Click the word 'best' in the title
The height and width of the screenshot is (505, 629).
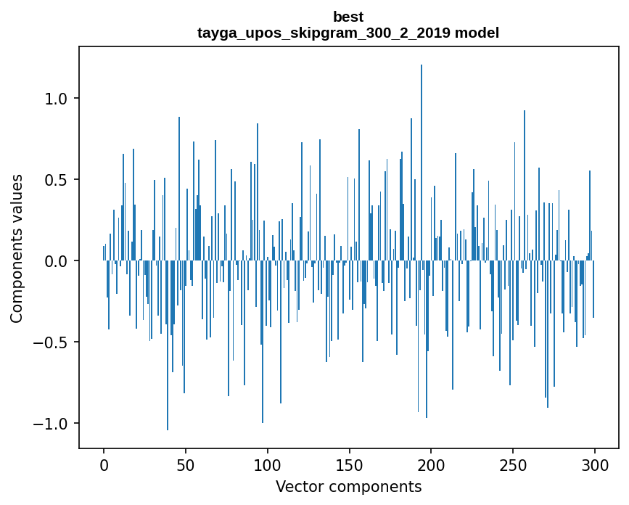(x=348, y=17)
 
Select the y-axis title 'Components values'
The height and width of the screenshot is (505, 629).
(x=17, y=248)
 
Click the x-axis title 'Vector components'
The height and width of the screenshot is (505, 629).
(x=348, y=486)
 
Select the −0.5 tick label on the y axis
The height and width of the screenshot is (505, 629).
(x=52, y=342)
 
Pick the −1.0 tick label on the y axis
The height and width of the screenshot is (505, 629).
(x=52, y=423)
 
